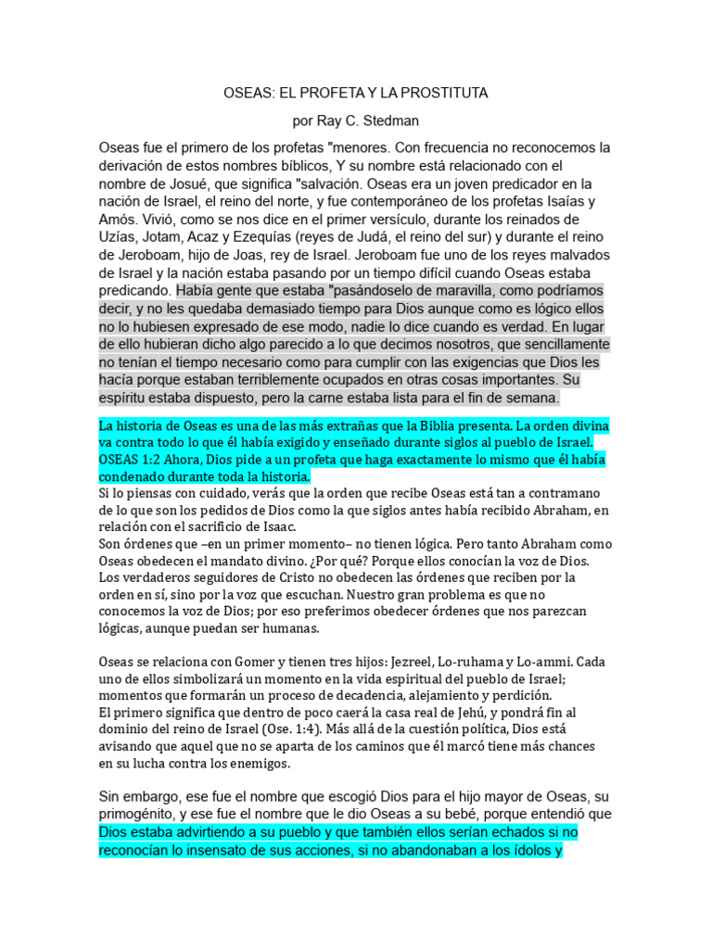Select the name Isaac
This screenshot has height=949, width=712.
(281, 526)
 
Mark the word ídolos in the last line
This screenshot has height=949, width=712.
(527, 849)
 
